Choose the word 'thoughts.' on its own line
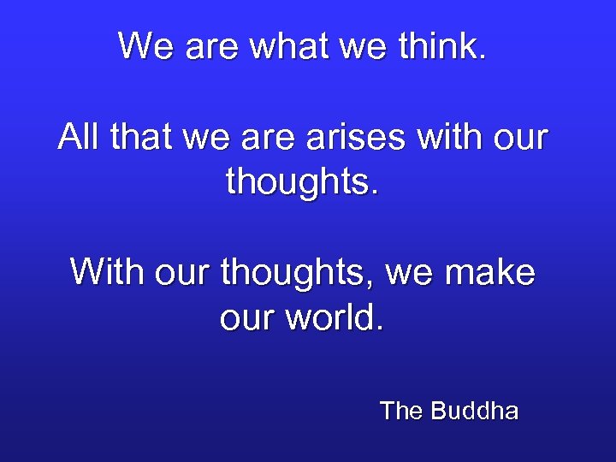(302, 181)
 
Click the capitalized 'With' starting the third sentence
(99, 273)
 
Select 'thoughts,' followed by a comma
(296, 273)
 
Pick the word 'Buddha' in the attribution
(475, 412)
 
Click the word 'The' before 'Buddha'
(401, 412)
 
